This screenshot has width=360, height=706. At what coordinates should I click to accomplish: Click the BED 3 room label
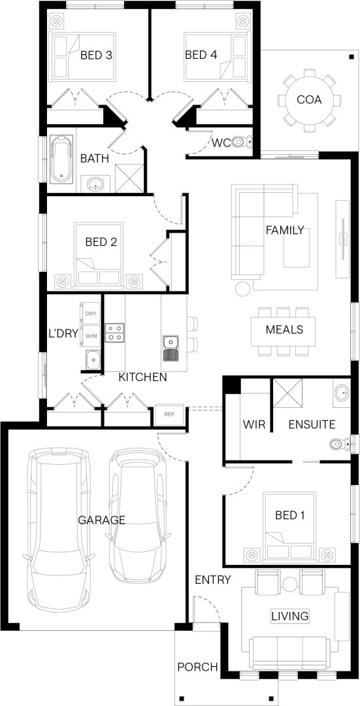[96, 56]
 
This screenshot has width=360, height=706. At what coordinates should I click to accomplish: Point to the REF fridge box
[169, 414]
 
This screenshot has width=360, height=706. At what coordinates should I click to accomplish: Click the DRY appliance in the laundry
[90, 313]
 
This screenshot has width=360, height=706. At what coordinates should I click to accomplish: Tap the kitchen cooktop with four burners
[115, 332]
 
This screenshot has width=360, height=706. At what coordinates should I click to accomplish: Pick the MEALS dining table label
[284, 329]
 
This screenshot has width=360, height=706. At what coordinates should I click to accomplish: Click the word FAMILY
[284, 231]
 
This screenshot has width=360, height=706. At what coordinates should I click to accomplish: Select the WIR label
[254, 424]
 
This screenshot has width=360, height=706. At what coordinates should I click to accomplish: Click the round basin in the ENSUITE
[342, 393]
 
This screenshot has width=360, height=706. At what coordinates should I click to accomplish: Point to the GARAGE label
[102, 520]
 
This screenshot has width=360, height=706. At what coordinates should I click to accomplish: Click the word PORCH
[198, 667]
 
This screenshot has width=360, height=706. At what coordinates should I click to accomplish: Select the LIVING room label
[290, 616]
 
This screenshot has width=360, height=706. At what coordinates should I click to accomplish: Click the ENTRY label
[212, 580]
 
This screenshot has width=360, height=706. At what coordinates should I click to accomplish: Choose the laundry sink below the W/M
[93, 360]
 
